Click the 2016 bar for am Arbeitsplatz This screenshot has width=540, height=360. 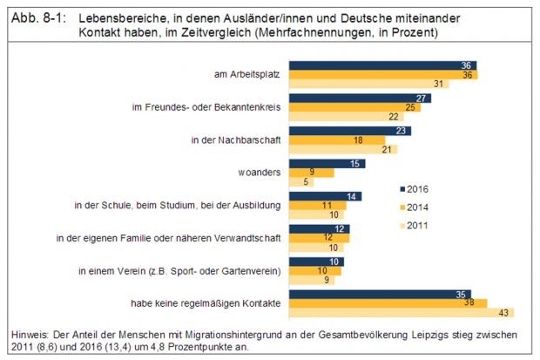click(x=383, y=65)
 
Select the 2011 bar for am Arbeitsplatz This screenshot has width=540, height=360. click(x=370, y=84)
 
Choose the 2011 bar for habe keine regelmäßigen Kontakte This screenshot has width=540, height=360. click(x=402, y=312)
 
